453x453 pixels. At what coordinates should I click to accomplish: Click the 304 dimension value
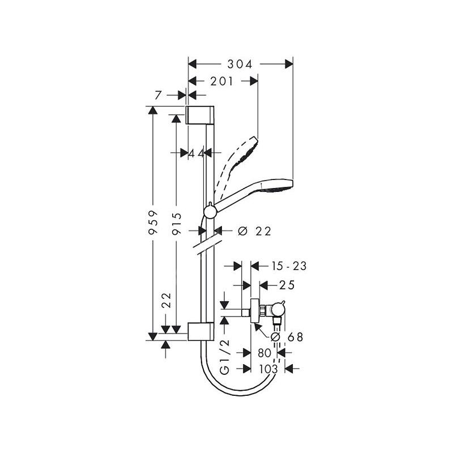(240, 65)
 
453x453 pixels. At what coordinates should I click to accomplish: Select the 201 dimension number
(221, 82)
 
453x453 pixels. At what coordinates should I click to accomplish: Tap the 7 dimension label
(158, 95)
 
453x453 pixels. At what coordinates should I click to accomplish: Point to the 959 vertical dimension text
(153, 222)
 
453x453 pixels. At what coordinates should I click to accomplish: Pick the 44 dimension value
(196, 153)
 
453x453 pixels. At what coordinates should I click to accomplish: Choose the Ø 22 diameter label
(254, 231)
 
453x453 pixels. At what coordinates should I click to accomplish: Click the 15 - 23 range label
(289, 266)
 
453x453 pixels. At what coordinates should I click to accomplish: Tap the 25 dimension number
(287, 285)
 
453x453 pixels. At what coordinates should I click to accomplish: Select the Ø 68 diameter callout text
(288, 337)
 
